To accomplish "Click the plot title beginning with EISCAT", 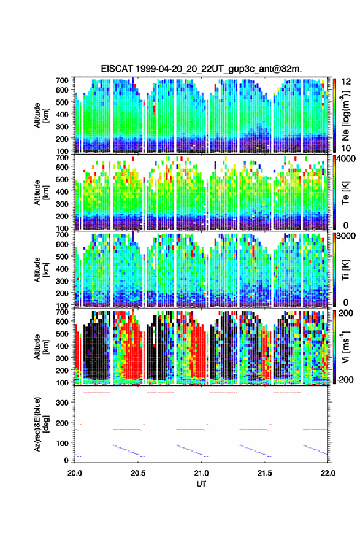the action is (201, 69).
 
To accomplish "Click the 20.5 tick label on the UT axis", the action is (138, 473).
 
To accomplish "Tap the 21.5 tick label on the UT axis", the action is (264, 473).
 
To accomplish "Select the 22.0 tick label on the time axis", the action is (327, 473).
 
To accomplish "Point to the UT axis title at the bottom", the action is (201, 484).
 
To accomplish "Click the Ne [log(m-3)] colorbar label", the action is (345, 115).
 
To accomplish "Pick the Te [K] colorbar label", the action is (345, 193).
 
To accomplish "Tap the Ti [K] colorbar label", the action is (345, 271).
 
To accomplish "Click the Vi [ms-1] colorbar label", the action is (345, 347).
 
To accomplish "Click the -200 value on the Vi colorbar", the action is (345, 379).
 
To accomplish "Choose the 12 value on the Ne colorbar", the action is (346, 82).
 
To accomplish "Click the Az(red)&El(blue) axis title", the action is (40, 424).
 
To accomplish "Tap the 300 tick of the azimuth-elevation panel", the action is (63, 403).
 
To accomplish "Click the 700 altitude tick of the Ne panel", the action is (63, 80).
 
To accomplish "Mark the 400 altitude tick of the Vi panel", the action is (63, 345).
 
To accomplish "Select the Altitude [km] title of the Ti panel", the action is (40, 269).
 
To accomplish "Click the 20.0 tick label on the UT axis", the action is (75, 473).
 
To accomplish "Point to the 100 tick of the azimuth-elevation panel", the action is (63, 443).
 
